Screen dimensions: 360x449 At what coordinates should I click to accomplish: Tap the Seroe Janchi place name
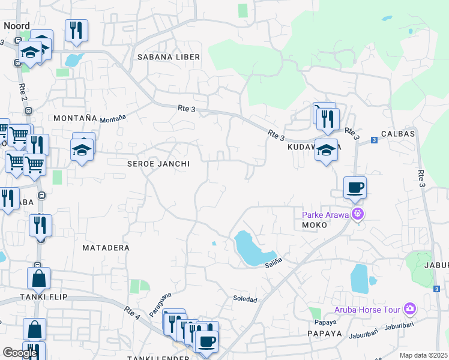158,164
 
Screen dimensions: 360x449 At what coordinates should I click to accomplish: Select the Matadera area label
106,247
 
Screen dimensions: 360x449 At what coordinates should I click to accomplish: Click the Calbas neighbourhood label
397,134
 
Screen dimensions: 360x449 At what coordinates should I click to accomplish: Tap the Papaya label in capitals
324,334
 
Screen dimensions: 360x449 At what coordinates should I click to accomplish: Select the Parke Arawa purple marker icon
358,213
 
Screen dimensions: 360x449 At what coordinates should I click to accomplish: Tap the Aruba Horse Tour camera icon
410,308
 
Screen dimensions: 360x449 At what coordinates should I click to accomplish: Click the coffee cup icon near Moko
355,187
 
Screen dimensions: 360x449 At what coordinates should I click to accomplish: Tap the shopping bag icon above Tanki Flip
38,278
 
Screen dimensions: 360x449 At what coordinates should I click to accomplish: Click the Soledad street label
245,299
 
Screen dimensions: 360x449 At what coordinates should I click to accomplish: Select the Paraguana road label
160,304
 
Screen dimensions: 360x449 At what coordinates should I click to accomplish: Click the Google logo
20,353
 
